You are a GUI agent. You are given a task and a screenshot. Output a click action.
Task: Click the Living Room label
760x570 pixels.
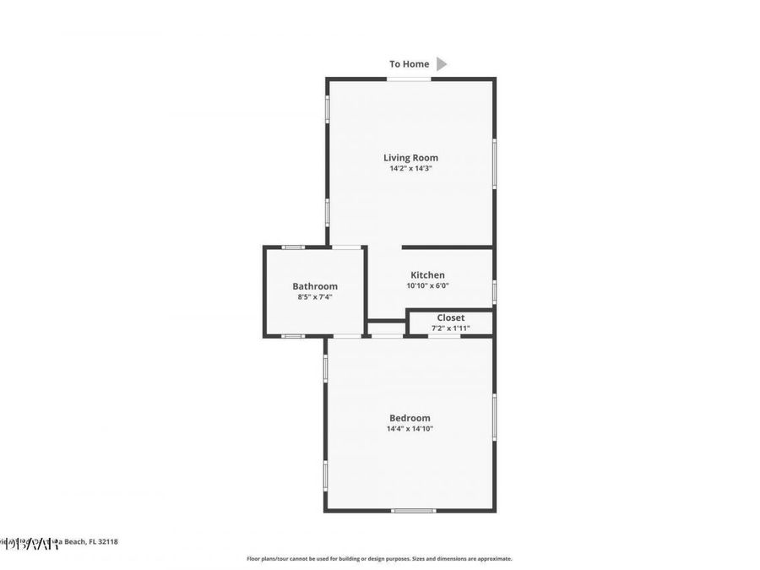(x=410, y=157)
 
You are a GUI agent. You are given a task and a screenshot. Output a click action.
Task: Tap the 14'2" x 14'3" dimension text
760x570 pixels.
(x=410, y=168)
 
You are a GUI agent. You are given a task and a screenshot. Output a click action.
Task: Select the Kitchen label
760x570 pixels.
(x=427, y=274)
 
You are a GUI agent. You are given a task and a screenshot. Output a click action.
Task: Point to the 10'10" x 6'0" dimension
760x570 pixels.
(x=427, y=285)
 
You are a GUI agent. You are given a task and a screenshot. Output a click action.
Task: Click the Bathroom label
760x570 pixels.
(x=315, y=286)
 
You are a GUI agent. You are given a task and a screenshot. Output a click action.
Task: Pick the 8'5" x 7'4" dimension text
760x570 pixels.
(x=315, y=297)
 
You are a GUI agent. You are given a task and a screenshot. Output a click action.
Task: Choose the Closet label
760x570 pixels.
(x=450, y=318)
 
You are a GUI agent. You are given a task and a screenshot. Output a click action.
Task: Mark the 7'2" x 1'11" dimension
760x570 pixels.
(x=450, y=328)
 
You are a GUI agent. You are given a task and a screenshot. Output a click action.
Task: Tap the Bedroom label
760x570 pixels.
(x=410, y=418)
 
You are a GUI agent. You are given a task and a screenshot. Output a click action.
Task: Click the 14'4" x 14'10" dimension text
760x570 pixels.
(x=410, y=429)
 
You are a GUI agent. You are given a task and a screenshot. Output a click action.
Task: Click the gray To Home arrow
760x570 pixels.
(x=442, y=63)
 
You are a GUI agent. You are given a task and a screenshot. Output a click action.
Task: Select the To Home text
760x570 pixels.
(x=409, y=64)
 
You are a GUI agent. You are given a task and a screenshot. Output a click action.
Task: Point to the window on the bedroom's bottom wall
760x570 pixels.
(x=414, y=510)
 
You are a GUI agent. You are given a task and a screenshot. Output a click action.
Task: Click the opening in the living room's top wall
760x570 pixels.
(x=409, y=79)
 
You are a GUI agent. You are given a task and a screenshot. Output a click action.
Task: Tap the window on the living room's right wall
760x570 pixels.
(x=494, y=163)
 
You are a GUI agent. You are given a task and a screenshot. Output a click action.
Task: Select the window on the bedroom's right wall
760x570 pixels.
(x=494, y=416)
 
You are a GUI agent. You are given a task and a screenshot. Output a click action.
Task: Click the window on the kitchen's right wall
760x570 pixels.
(x=494, y=291)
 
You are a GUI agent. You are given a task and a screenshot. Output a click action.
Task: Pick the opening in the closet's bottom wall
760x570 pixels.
(x=444, y=336)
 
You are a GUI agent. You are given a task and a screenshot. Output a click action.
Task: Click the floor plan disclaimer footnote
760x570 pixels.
(x=379, y=558)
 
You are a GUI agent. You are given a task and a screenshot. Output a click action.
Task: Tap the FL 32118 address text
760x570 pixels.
(x=103, y=541)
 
